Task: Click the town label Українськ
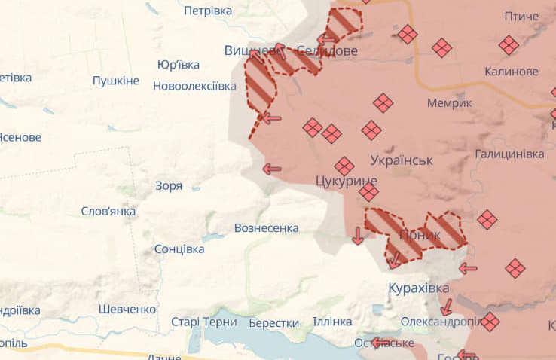(x=402, y=160)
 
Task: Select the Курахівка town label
(x=418, y=288)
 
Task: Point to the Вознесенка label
(x=266, y=227)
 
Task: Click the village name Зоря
(x=168, y=185)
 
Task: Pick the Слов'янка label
(x=108, y=211)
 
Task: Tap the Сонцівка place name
(x=179, y=249)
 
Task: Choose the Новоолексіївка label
(x=194, y=86)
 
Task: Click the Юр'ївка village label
(x=179, y=65)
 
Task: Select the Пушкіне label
(x=116, y=81)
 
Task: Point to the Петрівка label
(x=208, y=11)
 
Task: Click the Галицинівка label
(x=509, y=154)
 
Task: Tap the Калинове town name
(x=512, y=72)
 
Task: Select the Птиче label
(x=521, y=16)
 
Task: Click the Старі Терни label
(x=203, y=322)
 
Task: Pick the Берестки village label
(x=273, y=323)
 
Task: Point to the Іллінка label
(x=332, y=322)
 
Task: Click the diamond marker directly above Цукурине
(x=344, y=166)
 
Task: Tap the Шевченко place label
(x=127, y=309)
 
